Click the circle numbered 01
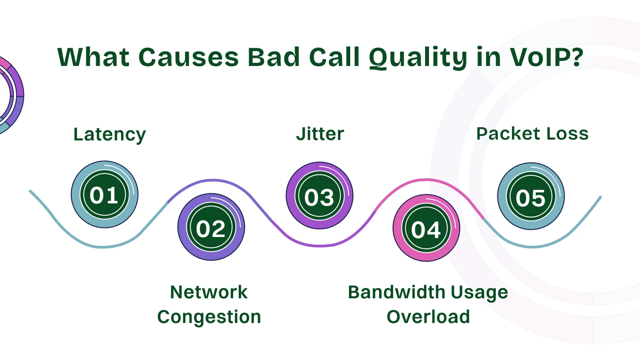[x=104, y=194]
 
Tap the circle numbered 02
[x=211, y=227]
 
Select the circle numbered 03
[x=319, y=196]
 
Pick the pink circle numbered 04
[x=426, y=228]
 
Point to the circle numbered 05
[x=531, y=196]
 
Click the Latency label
[x=109, y=134]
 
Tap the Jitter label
[x=320, y=134]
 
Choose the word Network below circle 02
[x=209, y=292]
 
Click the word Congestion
[x=209, y=317]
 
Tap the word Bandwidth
[x=396, y=292]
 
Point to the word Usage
[x=479, y=293]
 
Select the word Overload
[x=428, y=317]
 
